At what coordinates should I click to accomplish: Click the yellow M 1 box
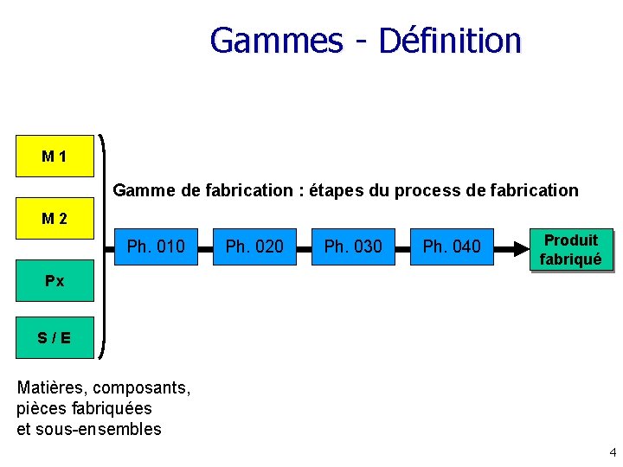click(55, 157)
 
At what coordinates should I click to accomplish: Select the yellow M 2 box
click(55, 219)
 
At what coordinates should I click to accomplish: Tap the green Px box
click(55, 281)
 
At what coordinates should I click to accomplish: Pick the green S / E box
click(55, 337)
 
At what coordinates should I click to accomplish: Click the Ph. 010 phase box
click(156, 247)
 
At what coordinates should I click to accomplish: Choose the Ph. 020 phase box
click(254, 247)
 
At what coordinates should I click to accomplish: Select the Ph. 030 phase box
click(353, 247)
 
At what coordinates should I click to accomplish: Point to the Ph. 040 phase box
click(452, 247)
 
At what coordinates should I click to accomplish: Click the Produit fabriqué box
click(570, 249)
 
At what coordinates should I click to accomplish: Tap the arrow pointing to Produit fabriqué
click(512, 247)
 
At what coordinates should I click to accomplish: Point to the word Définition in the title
click(450, 41)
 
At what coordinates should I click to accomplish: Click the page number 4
click(613, 452)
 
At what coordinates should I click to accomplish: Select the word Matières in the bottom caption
click(51, 387)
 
